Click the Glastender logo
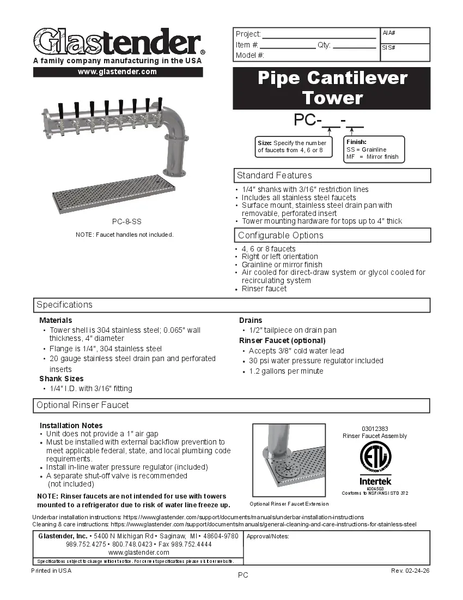117,41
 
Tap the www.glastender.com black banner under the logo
118,72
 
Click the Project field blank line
319,34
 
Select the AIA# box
405,35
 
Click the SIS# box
405,52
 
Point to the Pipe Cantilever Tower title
332,88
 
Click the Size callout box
294,146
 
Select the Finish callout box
374,149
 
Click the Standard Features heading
275,176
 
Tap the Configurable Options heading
281,236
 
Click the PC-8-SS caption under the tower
126,221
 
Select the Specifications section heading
65,305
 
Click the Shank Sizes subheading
62,379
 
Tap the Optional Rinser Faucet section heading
83,405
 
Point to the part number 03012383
375,429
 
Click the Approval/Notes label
267,537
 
